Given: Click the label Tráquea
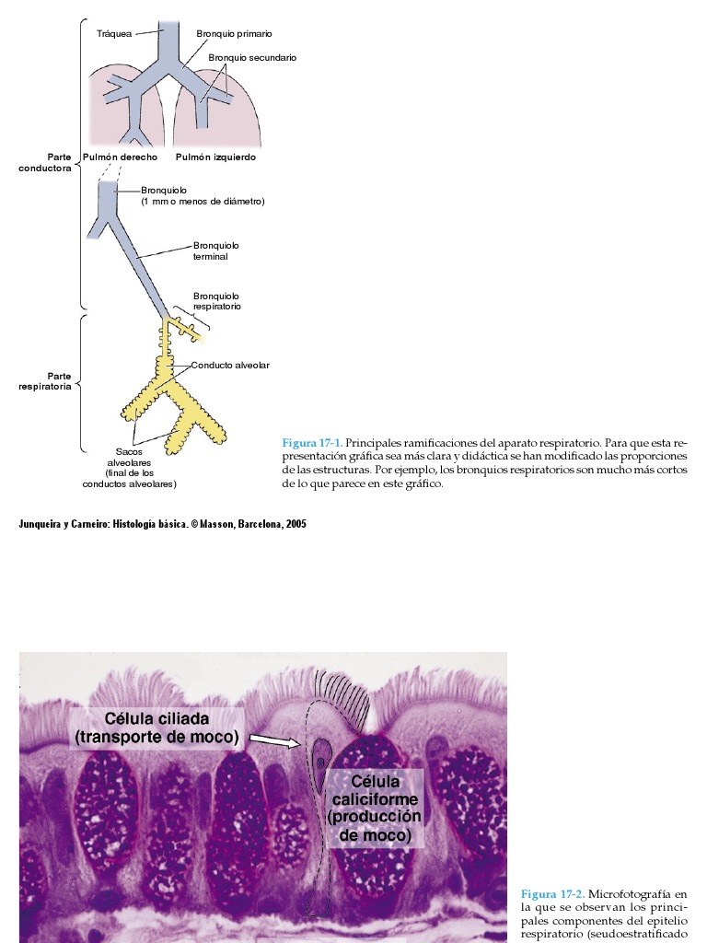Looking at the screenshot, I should pyautogui.click(x=114, y=33).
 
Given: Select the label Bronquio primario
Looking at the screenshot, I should pyautogui.click(x=234, y=33).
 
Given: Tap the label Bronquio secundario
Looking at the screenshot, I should pyautogui.click(x=252, y=57).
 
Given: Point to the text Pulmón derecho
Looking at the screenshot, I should pyautogui.click(x=121, y=157).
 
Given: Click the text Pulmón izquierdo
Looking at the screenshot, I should pyautogui.click(x=215, y=157).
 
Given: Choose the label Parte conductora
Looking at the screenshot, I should pyautogui.click(x=46, y=162).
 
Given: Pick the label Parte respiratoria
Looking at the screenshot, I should pyautogui.click(x=46, y=381).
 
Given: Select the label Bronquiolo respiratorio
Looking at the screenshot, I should pyautogui.click(x=217, y=300).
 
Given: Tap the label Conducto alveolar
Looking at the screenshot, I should pyautogui.click(x=230, y=366).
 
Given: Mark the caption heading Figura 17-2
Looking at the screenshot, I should pyautogui.click(x=551, y=893).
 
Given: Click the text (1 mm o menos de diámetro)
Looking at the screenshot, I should pyautogui.click(x=203, y=201).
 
